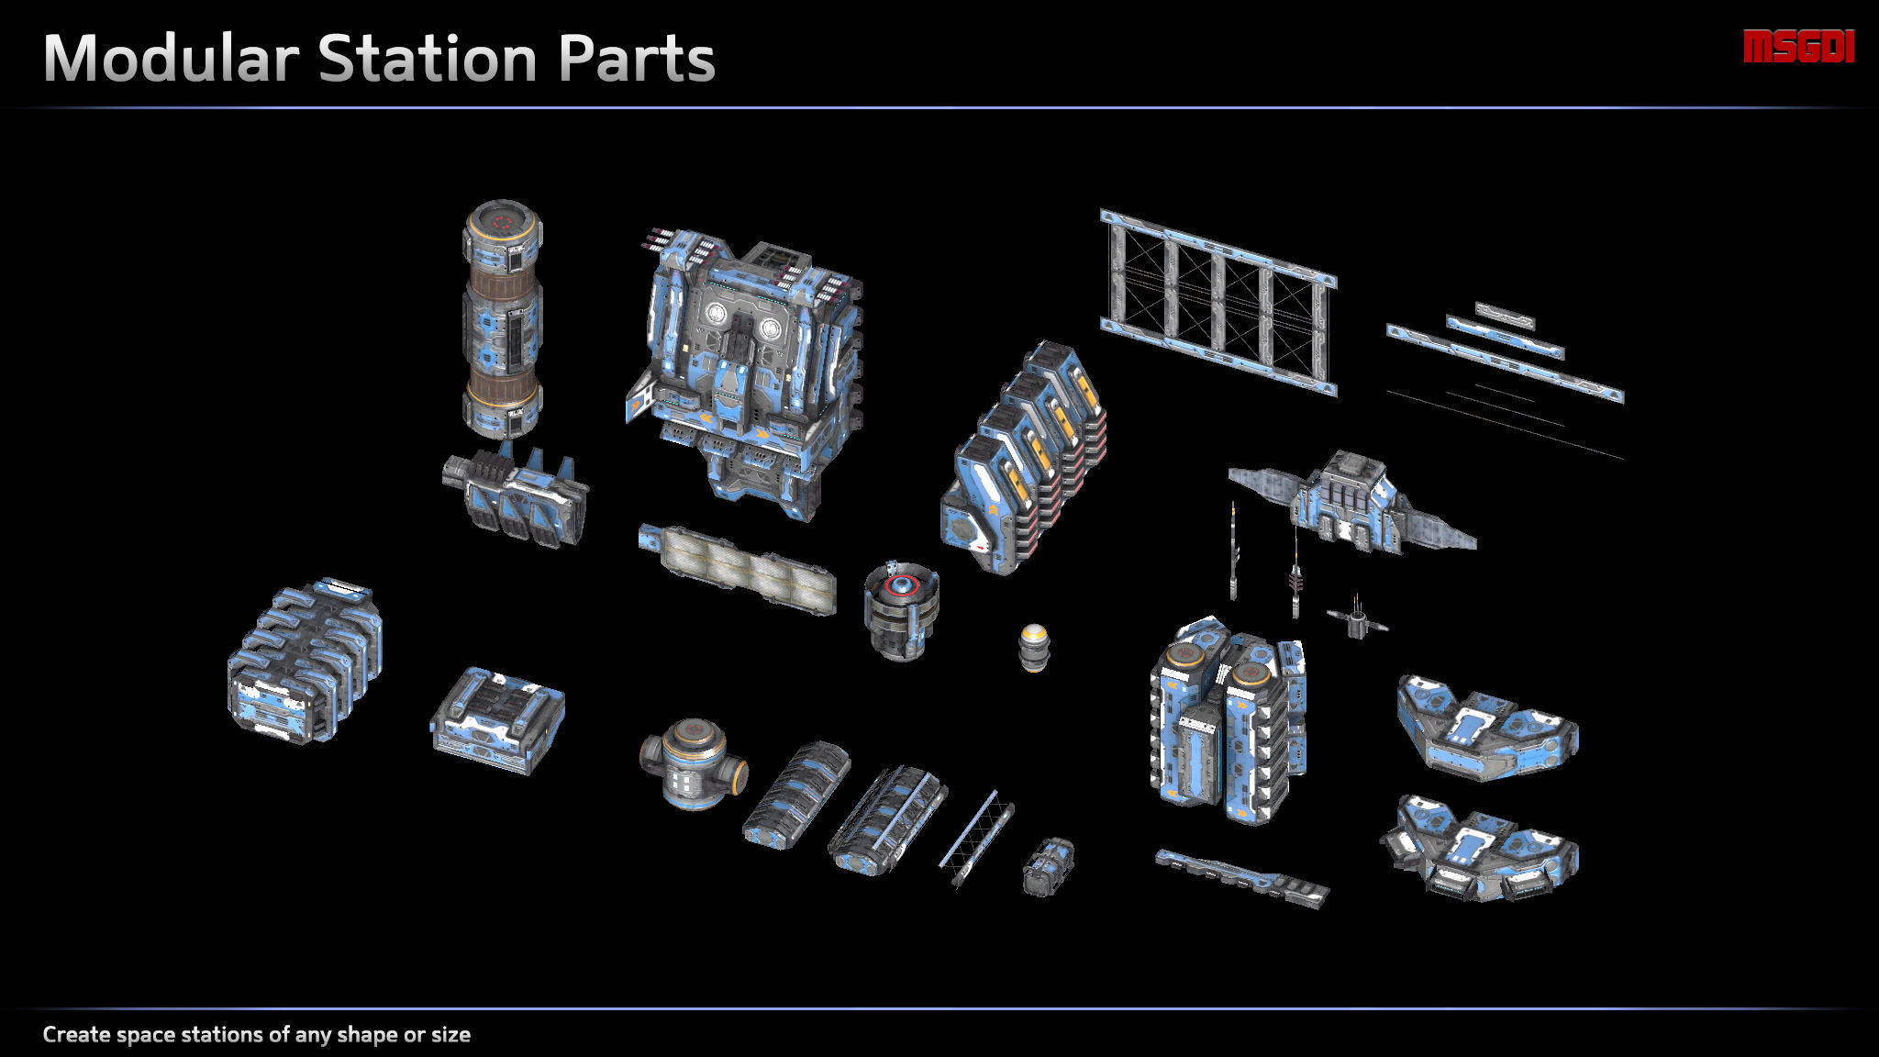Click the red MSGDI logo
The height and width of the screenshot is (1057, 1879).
(1798, 47)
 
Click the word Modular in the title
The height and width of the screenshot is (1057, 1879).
(171, 59)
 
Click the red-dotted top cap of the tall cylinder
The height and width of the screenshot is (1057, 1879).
(501, 221)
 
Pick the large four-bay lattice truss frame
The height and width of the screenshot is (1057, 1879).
(1218, 303)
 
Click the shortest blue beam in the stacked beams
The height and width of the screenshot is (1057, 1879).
(1504, 315)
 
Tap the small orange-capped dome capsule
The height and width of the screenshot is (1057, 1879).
(1033, 647)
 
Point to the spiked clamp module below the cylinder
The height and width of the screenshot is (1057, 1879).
(517, 496)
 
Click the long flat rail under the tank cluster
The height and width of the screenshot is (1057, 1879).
(1240, 878)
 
